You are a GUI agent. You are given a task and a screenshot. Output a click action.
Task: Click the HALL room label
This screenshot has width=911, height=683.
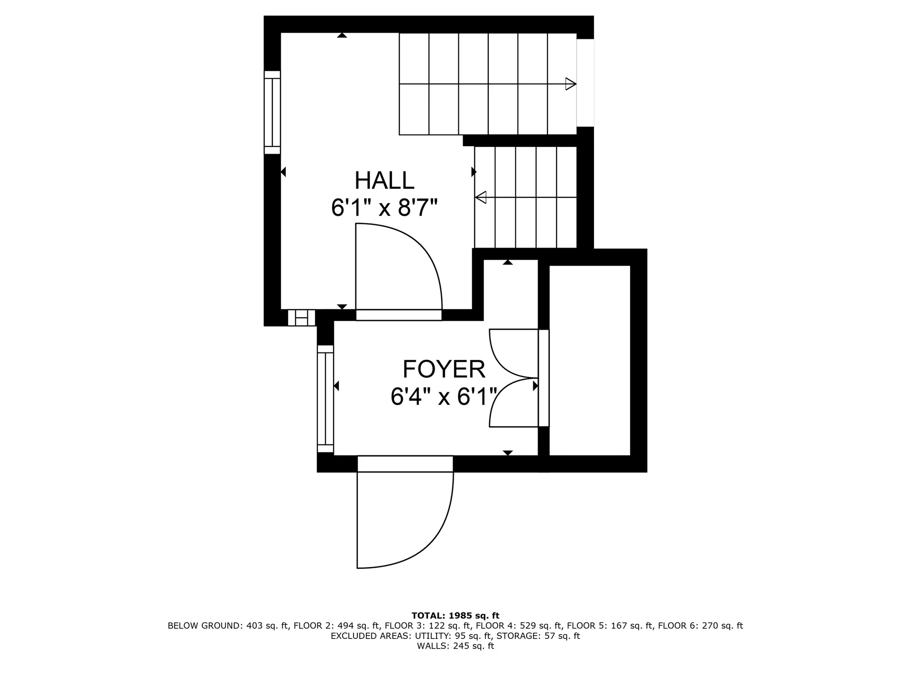pos(384,181)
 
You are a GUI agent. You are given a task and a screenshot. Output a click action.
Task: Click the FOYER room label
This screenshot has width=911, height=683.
pos(444,369)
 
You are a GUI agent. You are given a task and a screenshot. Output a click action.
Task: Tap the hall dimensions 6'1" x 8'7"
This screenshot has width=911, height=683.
pos(384,208)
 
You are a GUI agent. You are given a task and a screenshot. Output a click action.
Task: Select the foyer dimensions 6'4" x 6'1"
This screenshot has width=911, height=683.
pos(444,397)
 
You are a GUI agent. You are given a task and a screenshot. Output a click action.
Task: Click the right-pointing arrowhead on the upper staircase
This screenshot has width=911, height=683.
pos(570,84)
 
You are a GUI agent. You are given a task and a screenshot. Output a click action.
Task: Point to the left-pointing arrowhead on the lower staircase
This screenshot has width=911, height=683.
pos(481,197)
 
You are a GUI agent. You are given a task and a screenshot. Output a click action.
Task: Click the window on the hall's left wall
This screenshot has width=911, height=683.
pos(272,112)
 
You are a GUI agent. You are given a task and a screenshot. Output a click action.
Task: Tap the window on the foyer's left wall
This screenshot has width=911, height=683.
pos(325,399)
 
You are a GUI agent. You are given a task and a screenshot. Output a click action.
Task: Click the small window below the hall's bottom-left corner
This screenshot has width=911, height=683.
pos(302,318)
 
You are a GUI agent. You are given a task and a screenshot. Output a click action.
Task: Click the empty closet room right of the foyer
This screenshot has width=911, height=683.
pos(589,360)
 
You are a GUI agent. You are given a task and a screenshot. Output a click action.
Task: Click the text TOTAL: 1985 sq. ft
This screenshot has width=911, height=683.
pos(455,616)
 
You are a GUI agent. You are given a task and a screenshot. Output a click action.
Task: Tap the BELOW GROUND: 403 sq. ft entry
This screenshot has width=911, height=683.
pos(228,626)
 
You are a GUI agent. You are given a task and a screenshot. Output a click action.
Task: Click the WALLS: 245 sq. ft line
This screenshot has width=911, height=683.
pos(455,646)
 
